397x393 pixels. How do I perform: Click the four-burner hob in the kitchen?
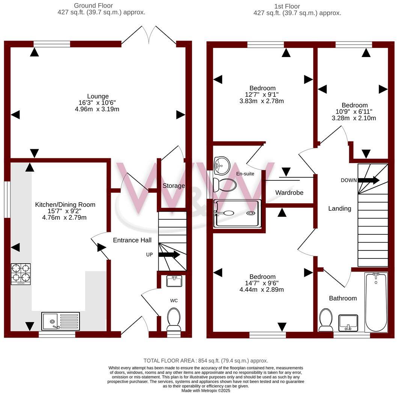21,274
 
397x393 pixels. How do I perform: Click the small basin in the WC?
173,281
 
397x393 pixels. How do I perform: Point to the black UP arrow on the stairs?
169,255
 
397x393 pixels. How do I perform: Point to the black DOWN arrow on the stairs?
368,180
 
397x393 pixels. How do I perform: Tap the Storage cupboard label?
173,186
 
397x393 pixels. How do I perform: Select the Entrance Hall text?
132,240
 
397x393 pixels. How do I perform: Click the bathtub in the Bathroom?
376,302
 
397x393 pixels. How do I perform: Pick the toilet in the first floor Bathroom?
325,320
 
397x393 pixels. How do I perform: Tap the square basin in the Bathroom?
348,323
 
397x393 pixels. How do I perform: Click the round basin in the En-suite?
222,165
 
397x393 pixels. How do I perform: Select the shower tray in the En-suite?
236,213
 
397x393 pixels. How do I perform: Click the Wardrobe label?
289,192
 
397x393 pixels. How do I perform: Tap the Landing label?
340,208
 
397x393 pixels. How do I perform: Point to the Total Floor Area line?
206,360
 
